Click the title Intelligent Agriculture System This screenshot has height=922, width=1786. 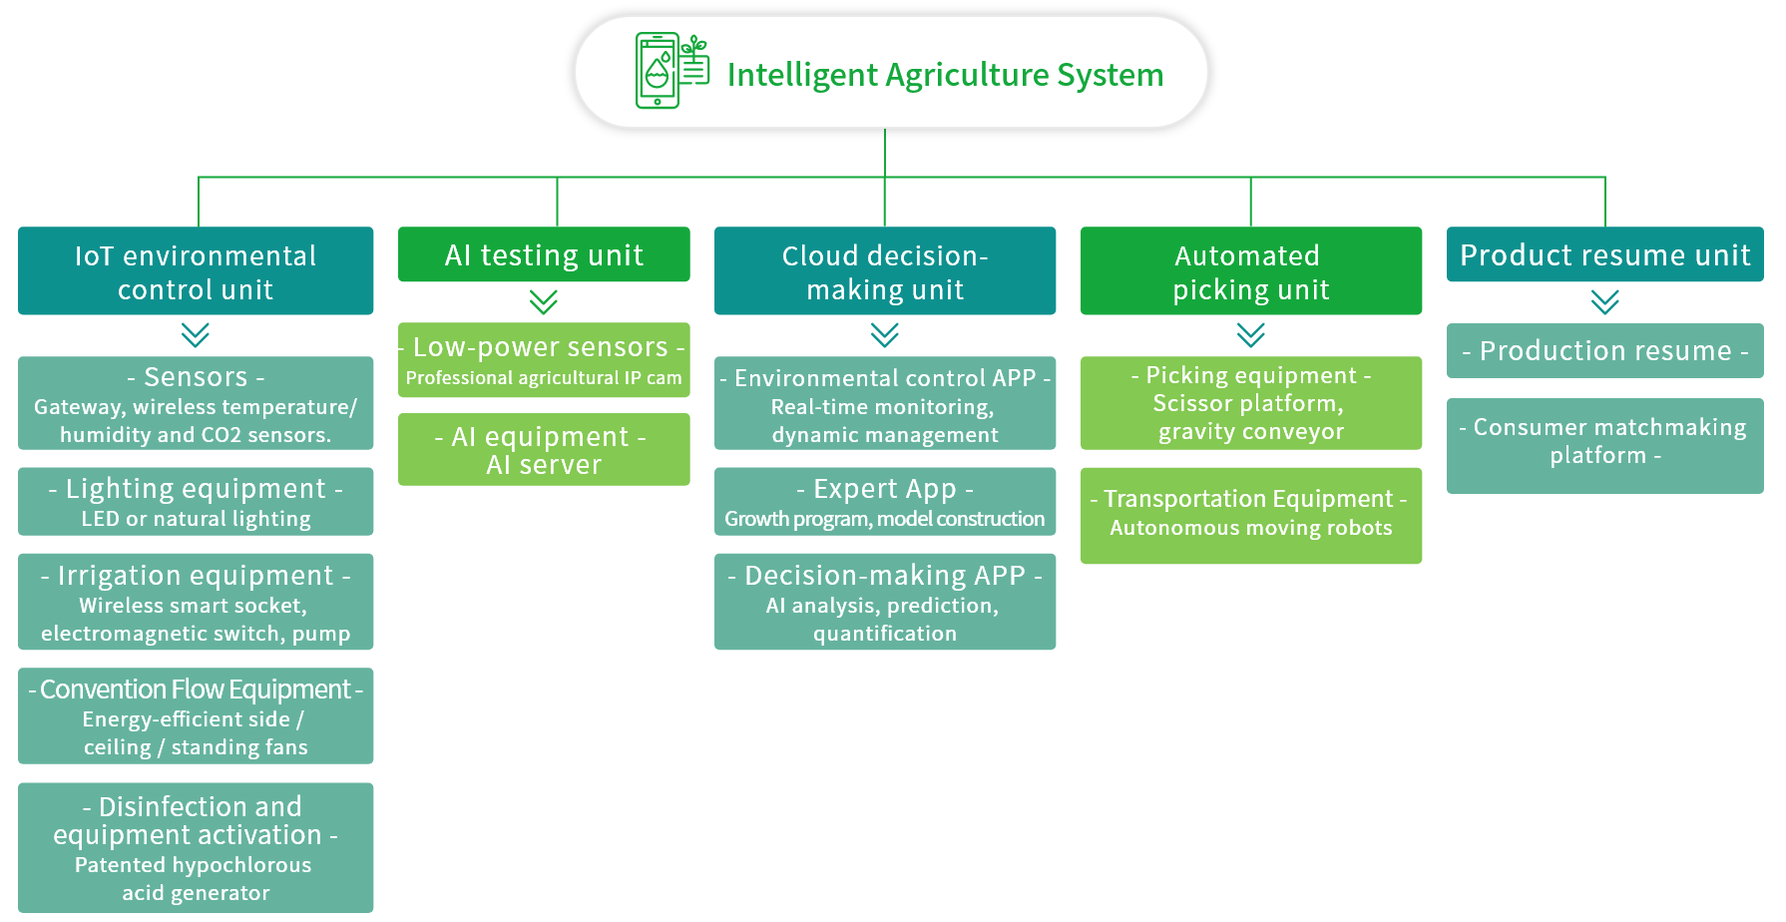pos(945,75)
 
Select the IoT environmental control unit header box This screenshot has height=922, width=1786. pos(196,270)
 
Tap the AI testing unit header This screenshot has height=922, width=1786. pos(544,254)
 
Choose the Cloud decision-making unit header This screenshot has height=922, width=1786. pos(885,270)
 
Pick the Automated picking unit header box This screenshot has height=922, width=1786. pos(1251,270)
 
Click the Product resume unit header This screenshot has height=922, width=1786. pos(1605,254)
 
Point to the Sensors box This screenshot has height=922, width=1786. pos(196,403)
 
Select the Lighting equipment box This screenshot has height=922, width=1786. pos(196,502)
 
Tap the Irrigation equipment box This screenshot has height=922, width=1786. pos(196,602)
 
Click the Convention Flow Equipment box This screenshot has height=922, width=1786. pos(196,715)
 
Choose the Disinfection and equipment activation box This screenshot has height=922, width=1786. pos(196,847)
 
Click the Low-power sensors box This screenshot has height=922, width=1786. pos(544,359)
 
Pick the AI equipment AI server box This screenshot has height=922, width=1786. pos(544,449)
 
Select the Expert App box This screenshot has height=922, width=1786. pos(885,502)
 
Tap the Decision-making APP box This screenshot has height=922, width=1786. pos(885,602)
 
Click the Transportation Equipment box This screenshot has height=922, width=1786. pos(1251,516)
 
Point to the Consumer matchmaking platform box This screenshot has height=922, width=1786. pos(1605,446)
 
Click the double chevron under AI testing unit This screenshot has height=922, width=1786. pos(544,301)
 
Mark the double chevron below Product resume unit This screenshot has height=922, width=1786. pos(1605,301)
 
